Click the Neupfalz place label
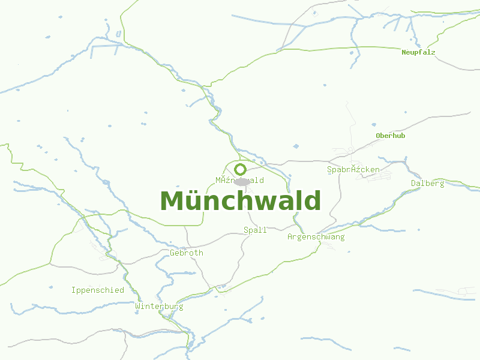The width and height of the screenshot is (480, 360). tap(418, 52)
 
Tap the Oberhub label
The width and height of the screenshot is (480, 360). tap(391, 136)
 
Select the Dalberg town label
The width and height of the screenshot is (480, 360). tap(427, 183)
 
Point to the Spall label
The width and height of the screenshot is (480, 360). tap(255, 230)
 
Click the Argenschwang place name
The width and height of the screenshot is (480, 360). tap(316, 237)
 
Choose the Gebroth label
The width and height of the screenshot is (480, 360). tap(187, 253)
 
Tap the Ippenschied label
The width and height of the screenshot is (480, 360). tap(97, 290)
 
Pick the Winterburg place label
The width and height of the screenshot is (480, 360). tap(159, 306)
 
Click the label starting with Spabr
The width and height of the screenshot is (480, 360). tap(353, 170)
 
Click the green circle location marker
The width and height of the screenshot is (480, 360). tap(241, 169)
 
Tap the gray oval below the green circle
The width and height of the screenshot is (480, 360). tap(242, 181)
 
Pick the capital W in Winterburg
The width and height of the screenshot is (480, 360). tap(138, 306)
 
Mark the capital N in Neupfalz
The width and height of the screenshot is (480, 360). tap(404, 52)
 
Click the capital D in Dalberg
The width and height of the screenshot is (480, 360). tap(413, 183)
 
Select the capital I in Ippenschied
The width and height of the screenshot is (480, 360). tap(73, 290)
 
